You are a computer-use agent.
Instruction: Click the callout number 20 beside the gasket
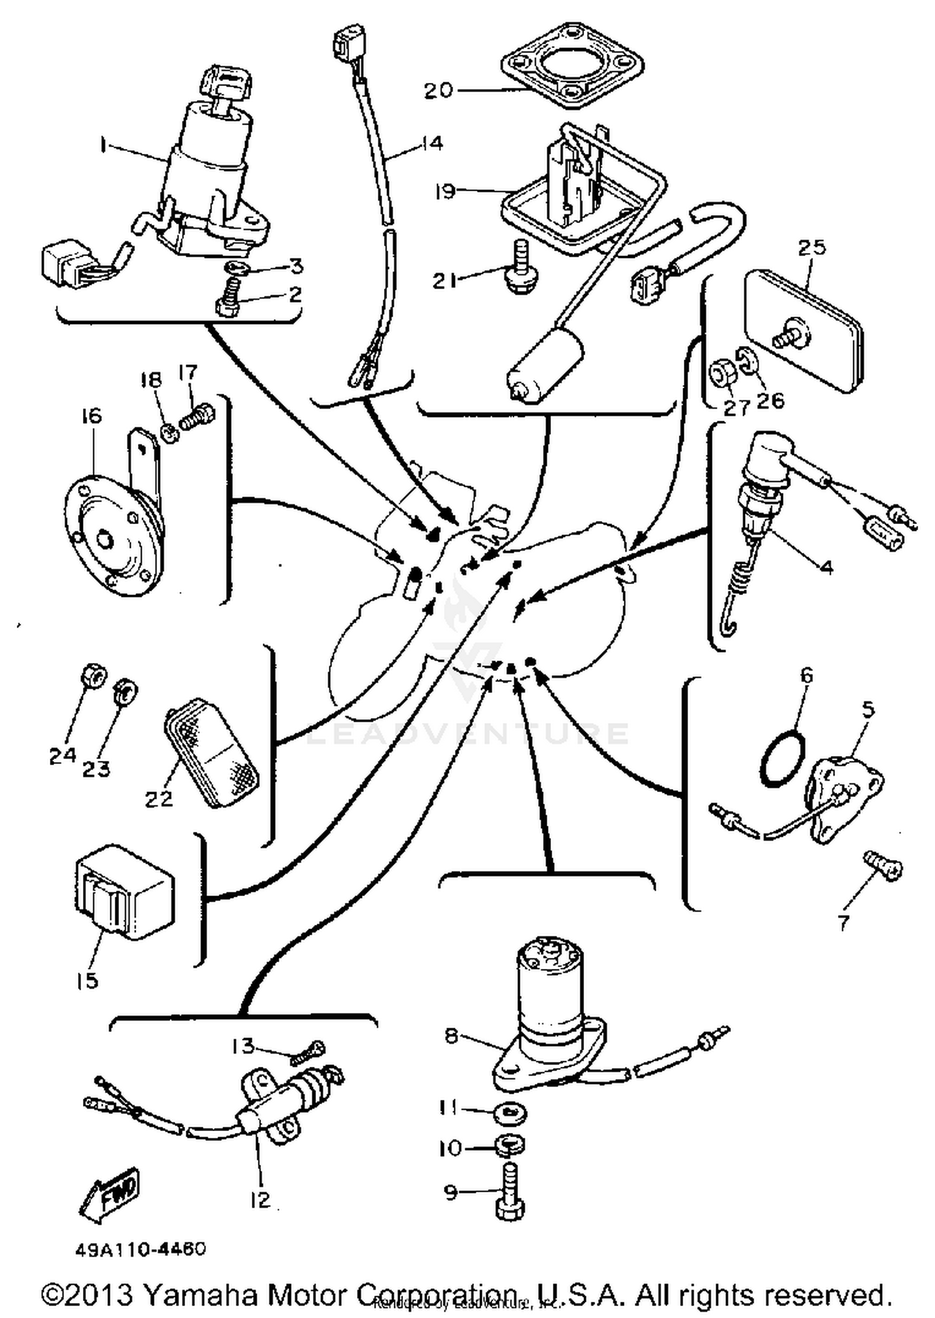pos(438,91)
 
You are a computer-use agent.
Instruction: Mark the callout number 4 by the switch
pos(826,567)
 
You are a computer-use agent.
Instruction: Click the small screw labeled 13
pos(308,1054)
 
